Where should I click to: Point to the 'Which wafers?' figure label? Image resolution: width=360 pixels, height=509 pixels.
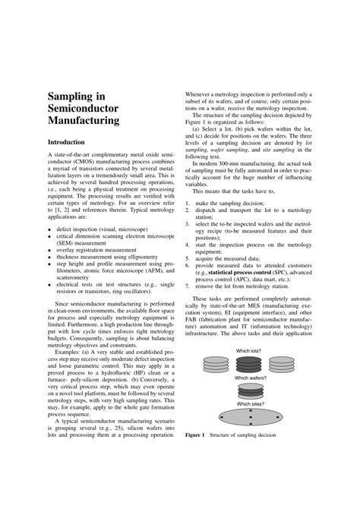(251, 378)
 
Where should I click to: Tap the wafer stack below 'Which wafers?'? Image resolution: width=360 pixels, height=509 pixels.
(251, 390)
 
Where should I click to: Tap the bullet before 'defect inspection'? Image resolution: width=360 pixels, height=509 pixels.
(50, 228)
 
